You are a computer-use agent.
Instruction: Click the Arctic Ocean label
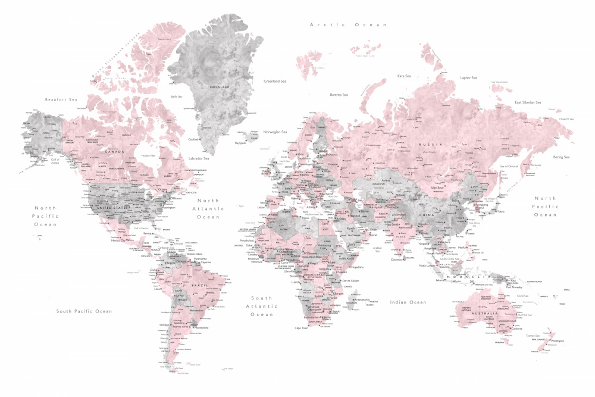point(348,25)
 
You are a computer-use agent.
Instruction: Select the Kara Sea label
point(404,76)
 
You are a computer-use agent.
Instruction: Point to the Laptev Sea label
point(469,78)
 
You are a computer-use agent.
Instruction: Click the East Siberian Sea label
point(528,102)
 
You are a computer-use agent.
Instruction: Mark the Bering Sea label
point(560,157)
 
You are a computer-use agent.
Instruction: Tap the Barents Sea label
point(339,95)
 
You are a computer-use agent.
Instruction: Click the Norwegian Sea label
point(275,132)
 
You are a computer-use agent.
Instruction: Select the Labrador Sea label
point(198,158)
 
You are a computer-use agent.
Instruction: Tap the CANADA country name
point(114,151)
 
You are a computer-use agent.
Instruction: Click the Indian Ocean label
point(408,302)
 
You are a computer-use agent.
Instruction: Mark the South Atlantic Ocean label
point(261,306)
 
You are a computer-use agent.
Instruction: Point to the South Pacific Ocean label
point(84,311)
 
